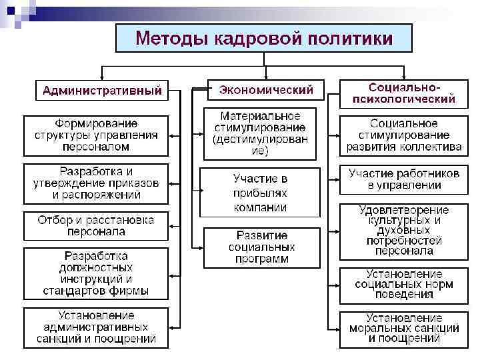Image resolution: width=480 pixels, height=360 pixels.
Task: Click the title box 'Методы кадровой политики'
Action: [x=264, y=38]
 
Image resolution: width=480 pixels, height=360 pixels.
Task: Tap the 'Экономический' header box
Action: [x=267, y=89]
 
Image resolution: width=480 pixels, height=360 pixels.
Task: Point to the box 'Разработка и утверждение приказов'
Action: [x=97, y=183]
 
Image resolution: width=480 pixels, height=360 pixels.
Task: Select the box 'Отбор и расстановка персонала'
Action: [x=97, y=226]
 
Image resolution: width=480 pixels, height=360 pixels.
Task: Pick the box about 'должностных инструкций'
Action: [x=97, y=273]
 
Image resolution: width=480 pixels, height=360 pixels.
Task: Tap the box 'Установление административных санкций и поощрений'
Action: [x=97, y=327]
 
